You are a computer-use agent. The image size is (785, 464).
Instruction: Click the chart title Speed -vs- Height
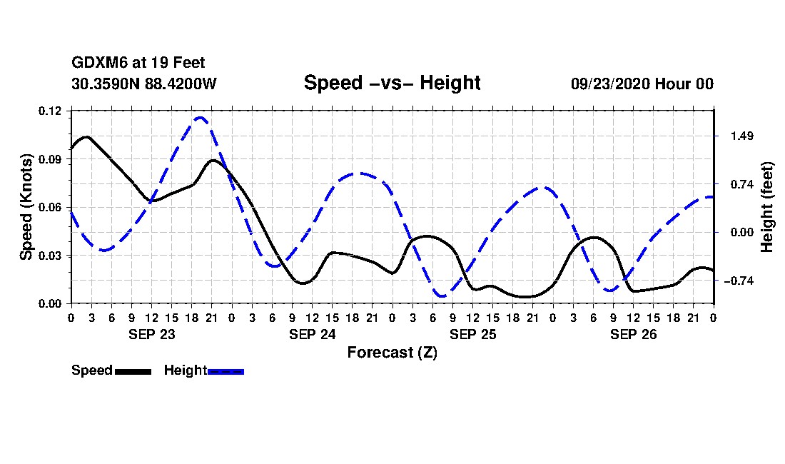[392, 83]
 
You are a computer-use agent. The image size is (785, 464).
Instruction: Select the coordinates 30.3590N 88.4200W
[143, 84]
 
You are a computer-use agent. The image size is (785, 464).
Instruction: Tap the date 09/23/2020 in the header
[610, 84]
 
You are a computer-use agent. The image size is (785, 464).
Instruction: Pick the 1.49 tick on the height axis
[742, 136]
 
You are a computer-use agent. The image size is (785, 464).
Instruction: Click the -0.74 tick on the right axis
[739, 281]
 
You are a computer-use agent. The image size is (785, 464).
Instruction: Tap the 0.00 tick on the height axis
[742, 232]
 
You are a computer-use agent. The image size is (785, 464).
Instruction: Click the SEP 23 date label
[152, 334]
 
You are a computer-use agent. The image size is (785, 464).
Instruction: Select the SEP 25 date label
[472, 334]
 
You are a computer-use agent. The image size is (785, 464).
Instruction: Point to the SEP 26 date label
[633, 334]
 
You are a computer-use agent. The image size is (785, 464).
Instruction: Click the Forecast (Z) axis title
[392, 353]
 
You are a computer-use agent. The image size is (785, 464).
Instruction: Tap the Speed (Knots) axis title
[26, 207]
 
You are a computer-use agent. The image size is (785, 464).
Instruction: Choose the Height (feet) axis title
[767, 207]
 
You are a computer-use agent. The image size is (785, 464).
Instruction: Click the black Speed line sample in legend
[133, 371]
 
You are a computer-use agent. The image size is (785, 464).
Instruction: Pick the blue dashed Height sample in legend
[226, 371]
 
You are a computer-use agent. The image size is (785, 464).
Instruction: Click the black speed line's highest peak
[86, 136]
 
